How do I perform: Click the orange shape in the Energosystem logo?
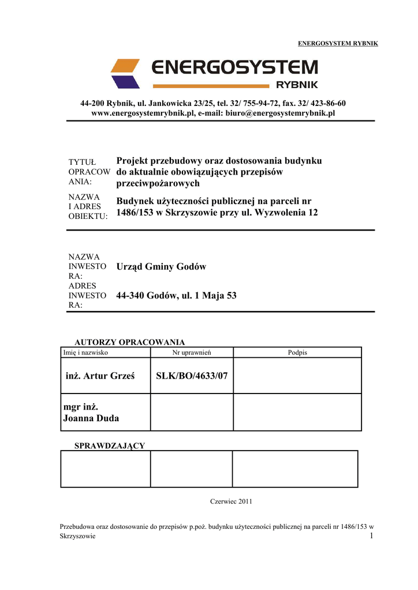125,66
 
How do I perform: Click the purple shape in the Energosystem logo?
125,82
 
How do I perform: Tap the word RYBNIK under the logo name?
297,85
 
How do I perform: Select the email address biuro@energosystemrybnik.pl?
280,114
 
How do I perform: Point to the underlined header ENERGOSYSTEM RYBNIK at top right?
338,44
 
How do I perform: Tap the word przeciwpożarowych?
158,184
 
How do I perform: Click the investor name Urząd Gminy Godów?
161,267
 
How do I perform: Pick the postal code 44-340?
130,296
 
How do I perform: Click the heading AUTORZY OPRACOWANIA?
130,342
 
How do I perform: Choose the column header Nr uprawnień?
192,352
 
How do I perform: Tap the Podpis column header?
297,352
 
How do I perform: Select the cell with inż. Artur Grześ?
100,376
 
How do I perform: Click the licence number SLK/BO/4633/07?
192,376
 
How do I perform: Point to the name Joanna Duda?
91,418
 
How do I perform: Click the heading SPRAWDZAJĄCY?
110,446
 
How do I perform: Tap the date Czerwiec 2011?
231,501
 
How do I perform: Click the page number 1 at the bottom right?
372,536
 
